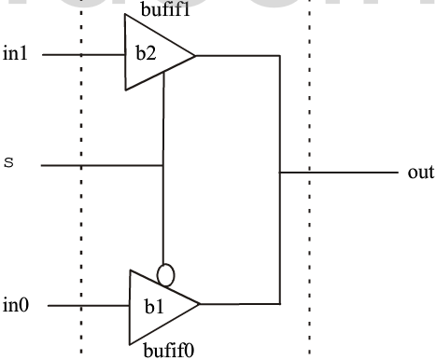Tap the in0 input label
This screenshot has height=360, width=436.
pos(16,303)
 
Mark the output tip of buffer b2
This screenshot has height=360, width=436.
pos(195,55)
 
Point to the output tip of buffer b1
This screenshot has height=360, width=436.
pos(200,303)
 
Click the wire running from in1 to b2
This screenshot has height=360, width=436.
pos(84,55)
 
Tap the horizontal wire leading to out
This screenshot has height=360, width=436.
pos(341,173)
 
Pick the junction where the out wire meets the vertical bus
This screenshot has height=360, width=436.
pos(280,173)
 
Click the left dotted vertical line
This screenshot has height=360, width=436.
pos(81,187)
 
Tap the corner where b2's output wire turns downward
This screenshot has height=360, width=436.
pos(280,55)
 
